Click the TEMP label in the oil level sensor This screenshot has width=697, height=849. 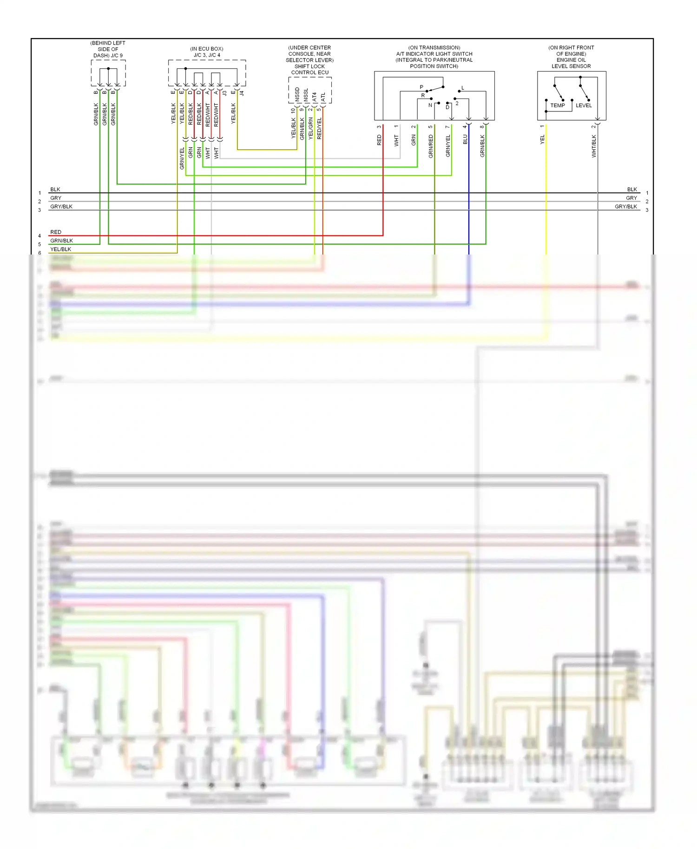point(558,105)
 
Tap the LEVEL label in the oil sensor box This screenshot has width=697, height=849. point(584,105)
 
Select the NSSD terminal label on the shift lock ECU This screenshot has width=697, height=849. point(297,94)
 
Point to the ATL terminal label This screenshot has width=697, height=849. point(323,98)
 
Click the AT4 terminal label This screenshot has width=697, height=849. point(315,97)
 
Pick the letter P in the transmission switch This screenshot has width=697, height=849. point(421,87)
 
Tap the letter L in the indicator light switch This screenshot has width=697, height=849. point(463,88)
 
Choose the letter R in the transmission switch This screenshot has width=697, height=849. point(423,96)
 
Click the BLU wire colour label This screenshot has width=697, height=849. point(465,139)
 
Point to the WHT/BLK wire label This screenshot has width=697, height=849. point(594,146)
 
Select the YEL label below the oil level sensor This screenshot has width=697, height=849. point(542,139)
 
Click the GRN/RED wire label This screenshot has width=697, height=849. point(431,146)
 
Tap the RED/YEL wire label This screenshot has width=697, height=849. point(319,128)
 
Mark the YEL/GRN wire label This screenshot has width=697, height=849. point(310,128)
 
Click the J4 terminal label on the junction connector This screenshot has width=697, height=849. point(242,93)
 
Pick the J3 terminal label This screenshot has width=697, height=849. point(224,93)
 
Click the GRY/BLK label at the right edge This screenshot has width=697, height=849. point(625,207)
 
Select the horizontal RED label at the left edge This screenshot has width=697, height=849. point(56,232)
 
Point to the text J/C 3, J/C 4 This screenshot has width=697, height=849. point(207,55)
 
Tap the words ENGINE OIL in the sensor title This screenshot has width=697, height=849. point(571,60)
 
